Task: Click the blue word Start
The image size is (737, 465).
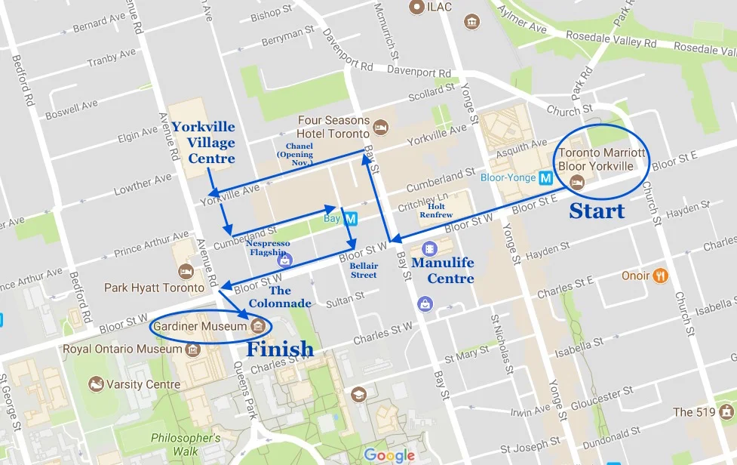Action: coord(597,211)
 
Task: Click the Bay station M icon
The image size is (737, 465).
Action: coord(351,219)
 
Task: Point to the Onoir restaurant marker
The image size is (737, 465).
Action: coord(661,276)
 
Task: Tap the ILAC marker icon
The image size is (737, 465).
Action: coord(415,7)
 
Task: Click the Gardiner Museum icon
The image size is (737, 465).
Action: coord(257,326)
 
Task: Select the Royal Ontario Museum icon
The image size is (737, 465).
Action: coord(192,350)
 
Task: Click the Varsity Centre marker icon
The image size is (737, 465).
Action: coord(96,384)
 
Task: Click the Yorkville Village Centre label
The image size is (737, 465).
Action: coord(202,143)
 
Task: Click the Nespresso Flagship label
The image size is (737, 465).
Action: coord(268,248)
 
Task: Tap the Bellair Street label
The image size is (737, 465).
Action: coord(363,270)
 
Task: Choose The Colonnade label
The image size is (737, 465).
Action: coord(290,297)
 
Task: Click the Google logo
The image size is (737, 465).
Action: coord(388,454)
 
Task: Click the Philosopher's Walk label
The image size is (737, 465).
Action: coord(186,444)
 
